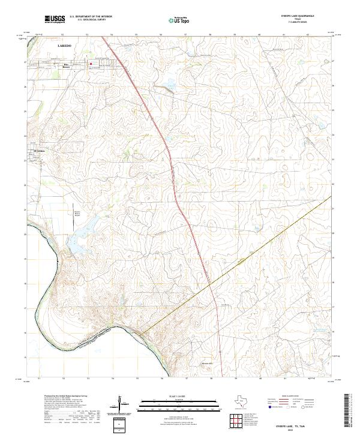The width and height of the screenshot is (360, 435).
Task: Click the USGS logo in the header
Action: click(55, 20)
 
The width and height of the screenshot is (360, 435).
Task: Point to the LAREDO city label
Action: click(64, 45)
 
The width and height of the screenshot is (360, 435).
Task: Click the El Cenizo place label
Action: click(40, 151)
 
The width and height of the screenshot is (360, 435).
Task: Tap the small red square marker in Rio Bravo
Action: click(91, 65)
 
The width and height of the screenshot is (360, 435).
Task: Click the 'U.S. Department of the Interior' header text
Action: click(91, 17)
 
